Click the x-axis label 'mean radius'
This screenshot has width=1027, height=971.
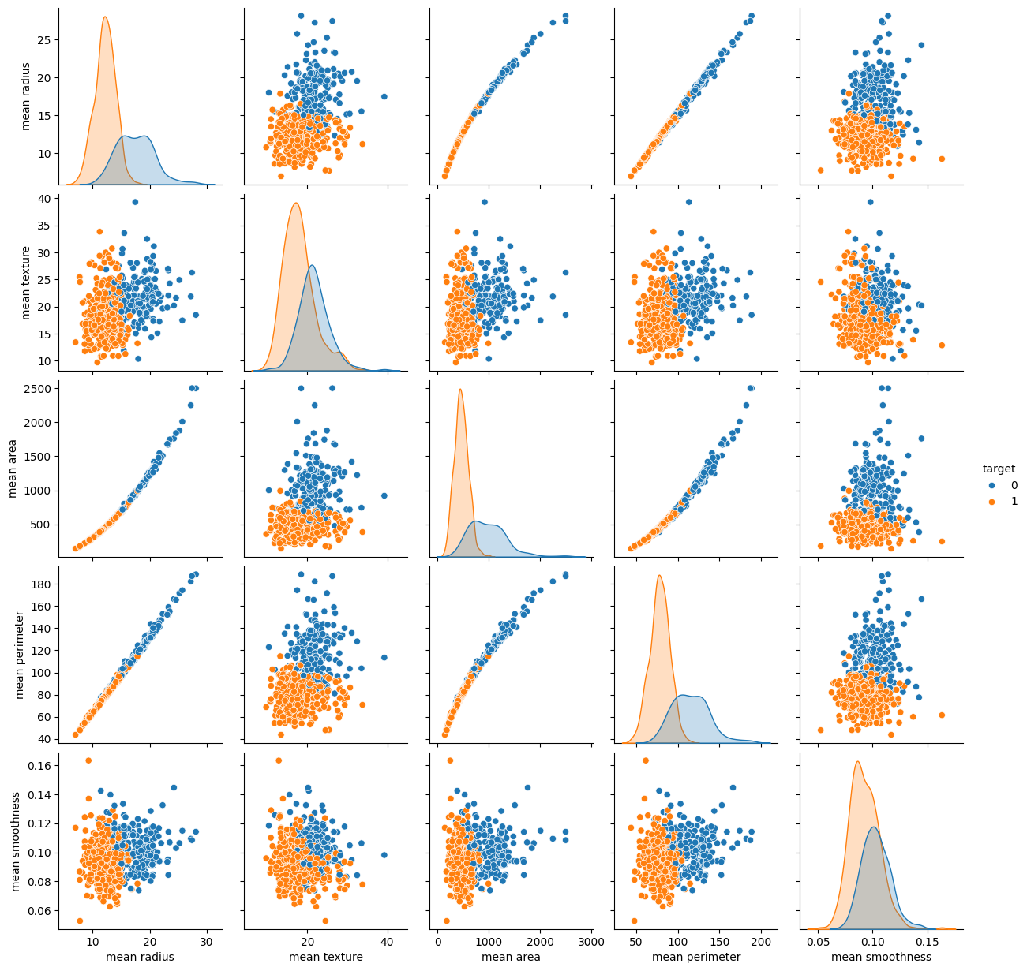tap(140, 958)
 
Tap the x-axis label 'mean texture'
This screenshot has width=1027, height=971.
tap(326, 958)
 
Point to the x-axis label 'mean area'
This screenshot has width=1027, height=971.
tap(512, 958)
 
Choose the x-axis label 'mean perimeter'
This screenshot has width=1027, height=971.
tap(696, 958)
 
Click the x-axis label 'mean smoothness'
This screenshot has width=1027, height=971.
tap(882, 958)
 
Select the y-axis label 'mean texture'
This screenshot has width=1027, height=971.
tap(26, 282)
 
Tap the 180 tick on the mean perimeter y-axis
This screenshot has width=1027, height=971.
tap(43, 584)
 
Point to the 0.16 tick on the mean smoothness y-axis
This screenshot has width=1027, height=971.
tap(39, 766)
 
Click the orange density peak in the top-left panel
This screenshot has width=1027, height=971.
tap(105, 17)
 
